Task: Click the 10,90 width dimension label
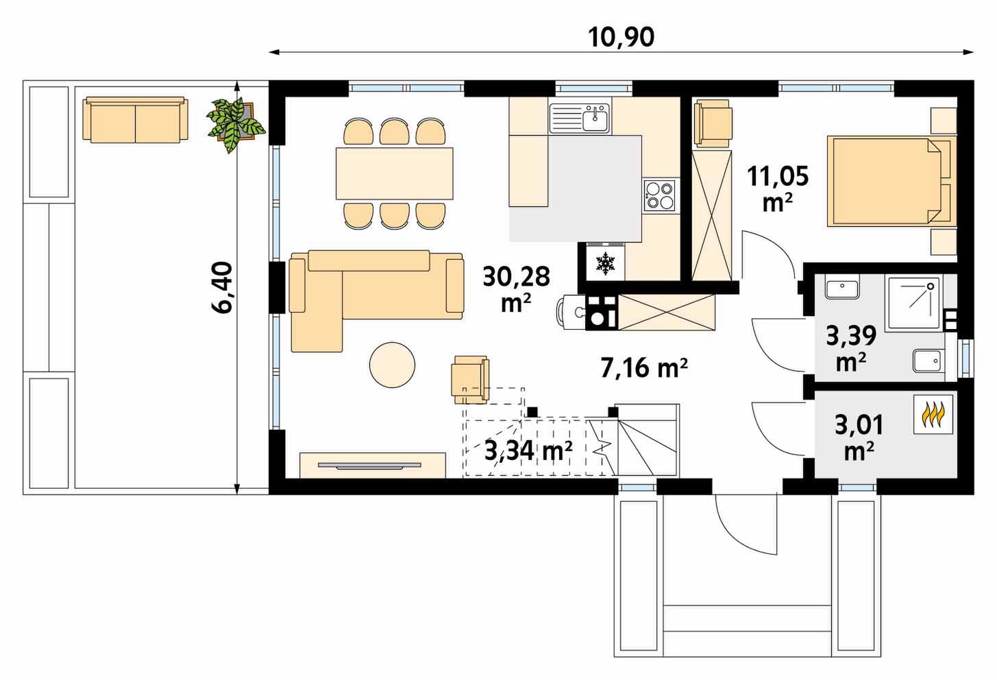tap(621, 38)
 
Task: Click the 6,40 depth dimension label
tap(221, 287)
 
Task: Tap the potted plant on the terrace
tap(236, 125)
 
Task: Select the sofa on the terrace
tap(135, 119)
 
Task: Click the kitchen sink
tap(580, 119)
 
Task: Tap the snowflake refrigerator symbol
tap(605, 263)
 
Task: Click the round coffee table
tap(392, 365)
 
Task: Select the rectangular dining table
tap(395, 173)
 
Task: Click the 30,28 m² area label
tap(516, 289)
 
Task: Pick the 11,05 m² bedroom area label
tap(778, 188)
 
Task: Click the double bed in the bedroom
tap(891, 181)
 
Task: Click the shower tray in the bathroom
tap(914, 304)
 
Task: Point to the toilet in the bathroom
tap(927, 361)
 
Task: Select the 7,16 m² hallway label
tap(644, 368)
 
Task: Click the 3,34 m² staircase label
tap(528, 450)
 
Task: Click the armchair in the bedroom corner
tap(713, 123)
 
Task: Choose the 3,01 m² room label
tap(859, 437)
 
